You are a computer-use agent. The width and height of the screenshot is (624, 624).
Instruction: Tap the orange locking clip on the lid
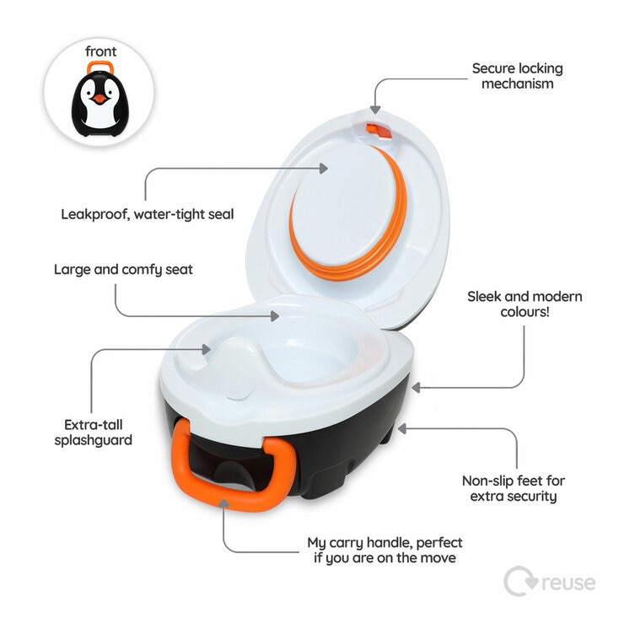tap(375, 131)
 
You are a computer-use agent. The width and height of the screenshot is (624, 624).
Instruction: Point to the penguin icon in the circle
tap(100, 100)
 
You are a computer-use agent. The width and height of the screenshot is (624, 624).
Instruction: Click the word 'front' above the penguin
tap(100, 51)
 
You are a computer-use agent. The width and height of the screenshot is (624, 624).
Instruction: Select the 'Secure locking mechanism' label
tap(517, 76)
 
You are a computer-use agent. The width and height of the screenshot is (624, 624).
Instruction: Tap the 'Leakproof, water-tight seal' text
tap(147, 214)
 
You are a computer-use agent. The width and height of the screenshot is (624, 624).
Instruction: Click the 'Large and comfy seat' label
tap(123, 270)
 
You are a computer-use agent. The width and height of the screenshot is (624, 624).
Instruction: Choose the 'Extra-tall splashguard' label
tap(98, 433)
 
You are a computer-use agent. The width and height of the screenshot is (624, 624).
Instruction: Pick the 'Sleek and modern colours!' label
tap(524, 304)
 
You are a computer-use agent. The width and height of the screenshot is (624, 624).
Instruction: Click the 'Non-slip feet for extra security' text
tap(514, 488)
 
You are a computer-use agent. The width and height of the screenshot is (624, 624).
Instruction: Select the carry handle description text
tap(385, 551)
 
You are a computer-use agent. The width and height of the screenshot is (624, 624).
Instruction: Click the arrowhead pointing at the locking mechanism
tap(375, 109)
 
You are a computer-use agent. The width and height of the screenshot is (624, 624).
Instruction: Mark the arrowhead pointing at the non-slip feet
tap(403, 428)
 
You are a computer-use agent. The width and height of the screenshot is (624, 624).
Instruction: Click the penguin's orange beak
tap(100, 99)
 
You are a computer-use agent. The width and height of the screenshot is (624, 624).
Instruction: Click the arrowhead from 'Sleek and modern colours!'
tap(415, 388)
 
